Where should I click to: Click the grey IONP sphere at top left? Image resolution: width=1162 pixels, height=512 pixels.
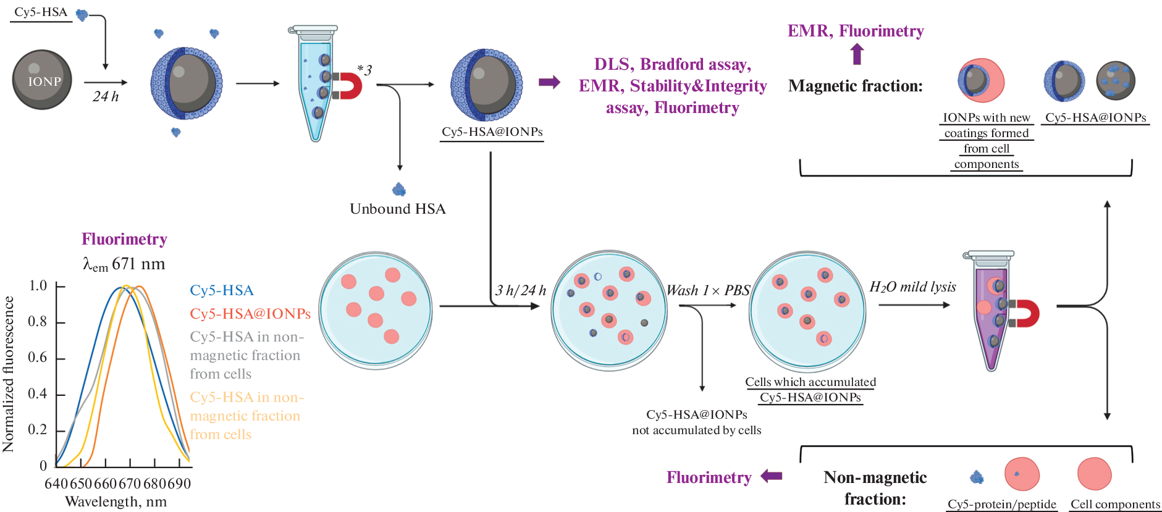tap(42, 80)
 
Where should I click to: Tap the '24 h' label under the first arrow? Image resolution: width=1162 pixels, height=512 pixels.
tap(106, 96)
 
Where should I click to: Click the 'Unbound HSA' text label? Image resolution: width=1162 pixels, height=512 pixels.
tap(397, 209)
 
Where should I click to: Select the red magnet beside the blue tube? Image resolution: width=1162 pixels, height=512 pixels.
tap(348, 86)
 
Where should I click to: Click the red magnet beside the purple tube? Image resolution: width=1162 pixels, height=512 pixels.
tap(1025, 313)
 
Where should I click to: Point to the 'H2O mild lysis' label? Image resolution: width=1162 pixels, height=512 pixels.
tap(912, 287)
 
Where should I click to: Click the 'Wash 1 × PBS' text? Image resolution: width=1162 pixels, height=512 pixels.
tap(708, 290)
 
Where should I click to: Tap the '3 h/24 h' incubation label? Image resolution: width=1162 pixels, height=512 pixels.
tap(521, 290)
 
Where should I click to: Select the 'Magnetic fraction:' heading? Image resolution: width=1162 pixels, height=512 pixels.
tap(855, 86)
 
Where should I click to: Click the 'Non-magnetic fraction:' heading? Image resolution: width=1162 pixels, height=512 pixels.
tap(875, 488)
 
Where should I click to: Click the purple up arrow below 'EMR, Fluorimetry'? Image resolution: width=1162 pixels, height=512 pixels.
tap(857, 55)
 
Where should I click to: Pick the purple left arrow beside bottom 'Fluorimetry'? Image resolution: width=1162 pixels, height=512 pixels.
tap(772, 476)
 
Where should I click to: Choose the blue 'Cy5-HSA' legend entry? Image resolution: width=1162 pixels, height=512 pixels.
tap(222, 290)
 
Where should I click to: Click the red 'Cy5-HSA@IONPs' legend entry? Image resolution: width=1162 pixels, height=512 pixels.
tap(250, 314)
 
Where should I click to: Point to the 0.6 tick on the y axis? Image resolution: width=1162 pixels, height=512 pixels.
tap(38, 358)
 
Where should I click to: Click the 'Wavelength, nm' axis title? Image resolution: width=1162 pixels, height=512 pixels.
tap(116, 502)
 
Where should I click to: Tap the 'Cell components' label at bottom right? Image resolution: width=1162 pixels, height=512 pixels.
tap(1115, 504)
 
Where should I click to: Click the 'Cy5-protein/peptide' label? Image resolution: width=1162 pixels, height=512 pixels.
tap(1001, 504)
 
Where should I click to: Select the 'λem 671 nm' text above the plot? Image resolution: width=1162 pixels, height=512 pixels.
tap(124, 264)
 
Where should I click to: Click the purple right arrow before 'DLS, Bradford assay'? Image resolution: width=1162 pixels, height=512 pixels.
tap(549, 82)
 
